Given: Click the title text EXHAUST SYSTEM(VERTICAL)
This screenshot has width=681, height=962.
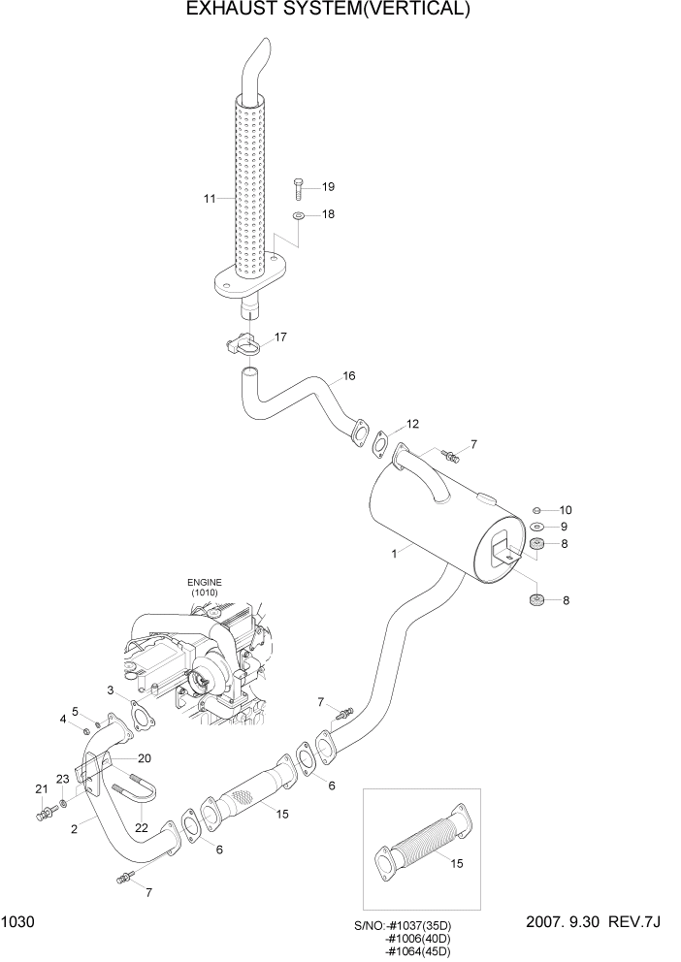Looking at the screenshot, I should tap(328, 11).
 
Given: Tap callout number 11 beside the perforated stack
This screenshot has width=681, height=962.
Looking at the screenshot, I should tap(209, 199).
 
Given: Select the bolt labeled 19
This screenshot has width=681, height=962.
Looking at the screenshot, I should tap(298, 184).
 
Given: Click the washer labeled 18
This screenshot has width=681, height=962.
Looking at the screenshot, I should tap(298, 214).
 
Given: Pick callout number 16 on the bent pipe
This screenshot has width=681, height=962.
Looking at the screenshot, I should tap(348, 376).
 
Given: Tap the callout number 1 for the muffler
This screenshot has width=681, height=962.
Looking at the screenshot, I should tap(393, 555).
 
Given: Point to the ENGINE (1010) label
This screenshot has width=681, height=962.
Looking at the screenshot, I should tap(204, 587).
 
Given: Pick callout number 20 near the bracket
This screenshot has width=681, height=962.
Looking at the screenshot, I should tap(144, 758).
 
